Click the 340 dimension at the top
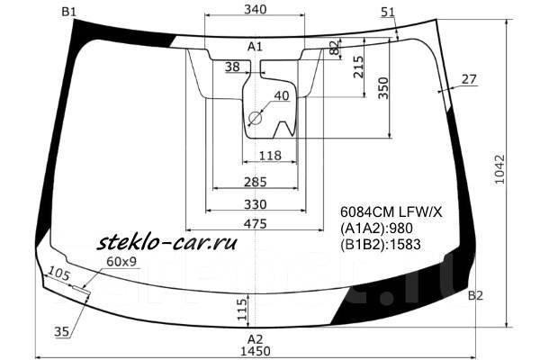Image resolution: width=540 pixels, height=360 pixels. click(x=255, y=10)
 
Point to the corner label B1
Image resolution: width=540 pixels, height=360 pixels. click(x=68, y=11)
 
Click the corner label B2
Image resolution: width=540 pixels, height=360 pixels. click(x=476, y=296)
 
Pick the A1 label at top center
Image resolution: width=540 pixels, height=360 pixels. click(x=255, y=46)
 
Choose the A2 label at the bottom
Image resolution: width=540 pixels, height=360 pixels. click(x=255, y=337)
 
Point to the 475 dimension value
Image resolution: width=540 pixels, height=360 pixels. click(x=255, y=224)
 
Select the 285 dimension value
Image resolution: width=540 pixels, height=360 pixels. click(x=255, y=183)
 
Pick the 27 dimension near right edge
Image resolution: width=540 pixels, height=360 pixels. click(x=468, y=80)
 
